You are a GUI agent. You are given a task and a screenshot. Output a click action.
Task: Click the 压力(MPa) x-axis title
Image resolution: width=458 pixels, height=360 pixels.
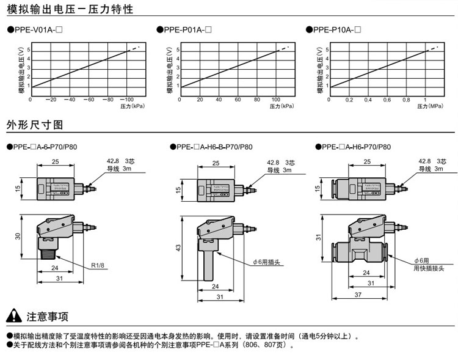tap(431, 107)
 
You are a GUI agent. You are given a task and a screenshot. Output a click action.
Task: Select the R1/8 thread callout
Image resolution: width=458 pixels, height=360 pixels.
tap(98, 266)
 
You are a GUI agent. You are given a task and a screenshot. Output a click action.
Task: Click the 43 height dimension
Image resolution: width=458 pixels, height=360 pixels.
tap(178, 247)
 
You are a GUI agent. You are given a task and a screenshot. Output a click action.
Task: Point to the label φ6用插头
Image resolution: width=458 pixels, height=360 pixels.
tap(266, 262)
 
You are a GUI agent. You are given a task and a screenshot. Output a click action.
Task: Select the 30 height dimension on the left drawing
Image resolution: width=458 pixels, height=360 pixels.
tap(18, 236)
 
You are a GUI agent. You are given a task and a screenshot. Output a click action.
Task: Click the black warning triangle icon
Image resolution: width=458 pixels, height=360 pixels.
tap(13, 316)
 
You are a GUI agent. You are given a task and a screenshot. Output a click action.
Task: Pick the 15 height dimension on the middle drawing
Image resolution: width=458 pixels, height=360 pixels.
tap(178, 190)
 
